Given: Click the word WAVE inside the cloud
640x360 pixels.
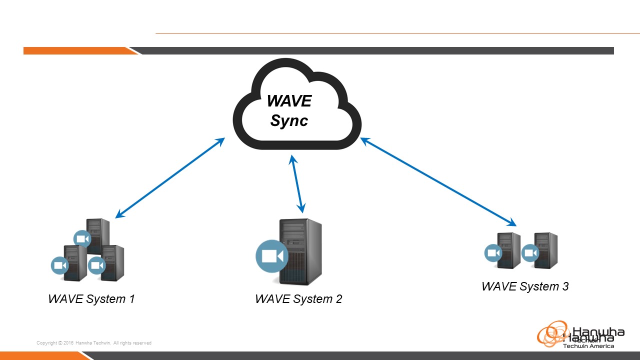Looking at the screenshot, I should coord(289,101).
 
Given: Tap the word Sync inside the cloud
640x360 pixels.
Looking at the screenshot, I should coord(289,120).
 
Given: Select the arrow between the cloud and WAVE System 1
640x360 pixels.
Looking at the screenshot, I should coord(170,177).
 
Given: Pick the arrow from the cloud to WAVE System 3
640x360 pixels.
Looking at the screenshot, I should coord(438,182).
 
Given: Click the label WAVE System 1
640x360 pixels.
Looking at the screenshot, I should coord(91,299).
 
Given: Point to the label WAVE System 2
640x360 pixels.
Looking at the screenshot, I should coord(298,299).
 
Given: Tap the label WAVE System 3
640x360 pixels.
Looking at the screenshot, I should coord(524,286).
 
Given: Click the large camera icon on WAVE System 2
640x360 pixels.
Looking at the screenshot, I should coord(272,256).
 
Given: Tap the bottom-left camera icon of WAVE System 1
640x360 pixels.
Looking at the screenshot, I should coord(60,265).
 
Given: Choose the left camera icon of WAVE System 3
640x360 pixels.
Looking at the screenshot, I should coord(493,253).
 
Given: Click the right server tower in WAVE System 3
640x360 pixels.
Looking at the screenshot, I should coord(546,250).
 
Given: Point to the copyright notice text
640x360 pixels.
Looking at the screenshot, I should coord(94,343).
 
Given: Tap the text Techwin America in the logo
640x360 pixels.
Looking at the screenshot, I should coord(588,345).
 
